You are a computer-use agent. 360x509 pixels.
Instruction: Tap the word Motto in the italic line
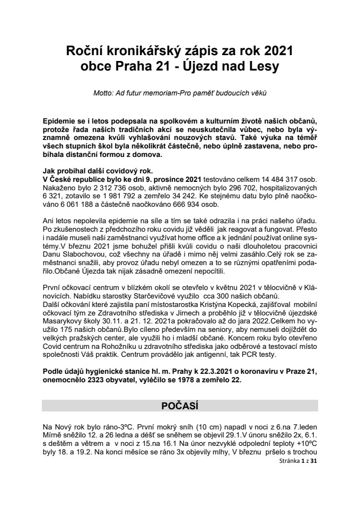pos(103,94)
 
